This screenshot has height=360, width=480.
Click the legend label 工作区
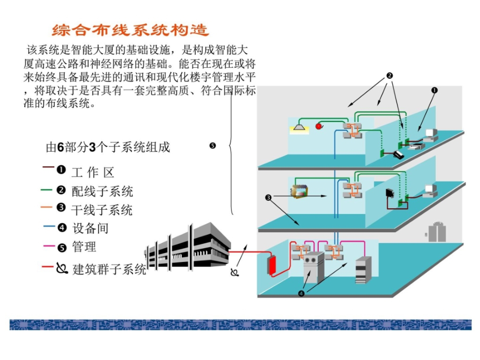(x=92, y=173)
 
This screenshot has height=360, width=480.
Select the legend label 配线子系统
(x=102, y=191)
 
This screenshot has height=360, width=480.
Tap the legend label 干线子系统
(x=102, y=210)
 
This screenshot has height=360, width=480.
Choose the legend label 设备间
(x=90, y=228)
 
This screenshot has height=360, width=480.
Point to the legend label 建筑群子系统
(x=109, y=269)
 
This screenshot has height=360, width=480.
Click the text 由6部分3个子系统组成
(x=108, y=148)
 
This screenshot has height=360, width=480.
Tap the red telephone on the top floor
(x=319, y=126)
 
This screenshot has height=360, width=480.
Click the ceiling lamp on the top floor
(x=299, y=127)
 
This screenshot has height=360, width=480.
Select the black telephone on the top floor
(x=398, y=154)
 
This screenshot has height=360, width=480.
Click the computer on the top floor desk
(x=430, y=135)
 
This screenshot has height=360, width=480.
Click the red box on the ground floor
(x=271, y=265)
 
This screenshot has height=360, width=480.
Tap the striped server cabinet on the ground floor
(x=363, y=270)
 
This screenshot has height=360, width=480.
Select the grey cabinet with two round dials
(x=314, y=266)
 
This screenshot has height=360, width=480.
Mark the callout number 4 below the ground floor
(x=301, y=293)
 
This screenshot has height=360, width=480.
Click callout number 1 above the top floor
(x=434, y=90)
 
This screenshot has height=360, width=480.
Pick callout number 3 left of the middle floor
(x=268, y=198)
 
